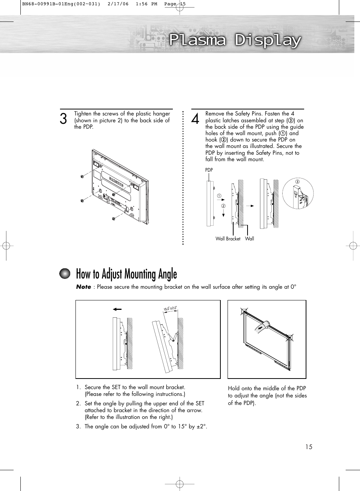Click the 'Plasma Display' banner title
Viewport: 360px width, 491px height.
[235, 40]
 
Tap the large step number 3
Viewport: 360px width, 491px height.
[63, 119]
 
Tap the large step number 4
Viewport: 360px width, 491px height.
[195, 119]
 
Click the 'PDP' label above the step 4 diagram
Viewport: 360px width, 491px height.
[209, 170]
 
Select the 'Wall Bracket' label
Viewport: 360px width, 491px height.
[228, 239]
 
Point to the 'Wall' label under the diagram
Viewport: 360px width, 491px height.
[249, 239]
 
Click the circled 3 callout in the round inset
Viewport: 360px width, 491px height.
[297, 182]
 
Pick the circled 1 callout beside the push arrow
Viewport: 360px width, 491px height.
[219, 196]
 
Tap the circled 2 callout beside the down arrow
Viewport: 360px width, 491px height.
[223, 206]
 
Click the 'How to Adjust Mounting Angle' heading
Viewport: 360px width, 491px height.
[126, 274]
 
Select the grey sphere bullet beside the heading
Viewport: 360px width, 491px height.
[65, 274]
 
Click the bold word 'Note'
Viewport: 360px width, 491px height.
[83, 287]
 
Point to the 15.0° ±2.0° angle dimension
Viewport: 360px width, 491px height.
[170, 308]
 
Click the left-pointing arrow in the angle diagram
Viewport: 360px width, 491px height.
[117, 309]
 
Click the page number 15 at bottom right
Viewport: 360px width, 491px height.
[309, 447]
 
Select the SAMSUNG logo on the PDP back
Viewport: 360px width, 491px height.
[116, 182]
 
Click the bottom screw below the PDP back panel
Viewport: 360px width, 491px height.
[114, 219]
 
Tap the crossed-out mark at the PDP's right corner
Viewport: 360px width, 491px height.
[289, 338]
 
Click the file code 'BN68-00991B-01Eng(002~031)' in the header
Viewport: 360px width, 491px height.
[61, 4]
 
